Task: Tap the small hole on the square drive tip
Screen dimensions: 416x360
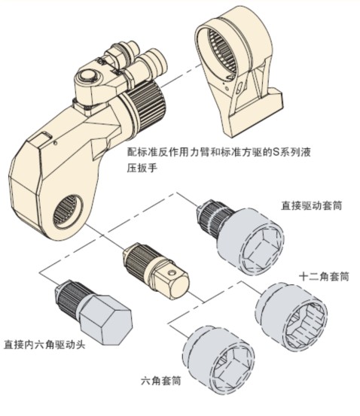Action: coord(172,272)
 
